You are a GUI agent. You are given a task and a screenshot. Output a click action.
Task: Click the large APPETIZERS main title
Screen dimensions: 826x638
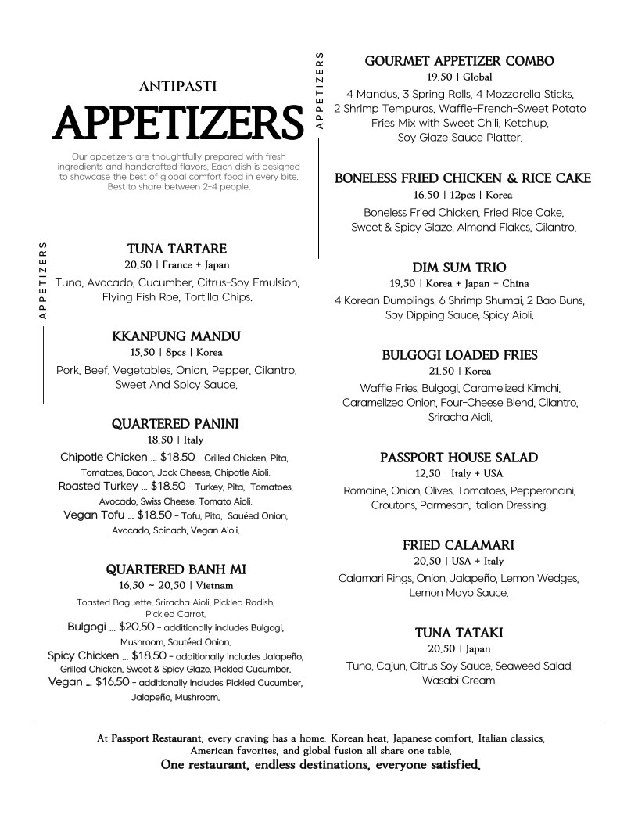coord(177,123)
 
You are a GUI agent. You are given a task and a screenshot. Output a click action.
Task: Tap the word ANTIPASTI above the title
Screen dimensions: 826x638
coord(177,86)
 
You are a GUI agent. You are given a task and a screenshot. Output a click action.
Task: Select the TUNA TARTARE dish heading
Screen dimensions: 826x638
coord(177,249)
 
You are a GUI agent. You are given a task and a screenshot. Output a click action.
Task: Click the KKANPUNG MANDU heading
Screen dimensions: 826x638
coord(177,336)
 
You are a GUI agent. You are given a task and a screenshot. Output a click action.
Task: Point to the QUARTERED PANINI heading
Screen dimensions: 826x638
coord(175,424)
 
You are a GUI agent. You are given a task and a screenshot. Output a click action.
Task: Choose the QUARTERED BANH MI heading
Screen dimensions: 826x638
coord(176,569)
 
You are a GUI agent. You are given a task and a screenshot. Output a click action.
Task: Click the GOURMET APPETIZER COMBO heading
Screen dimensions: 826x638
coord(460,61)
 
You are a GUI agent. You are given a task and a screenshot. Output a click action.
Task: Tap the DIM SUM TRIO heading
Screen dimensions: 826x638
coord(459,268)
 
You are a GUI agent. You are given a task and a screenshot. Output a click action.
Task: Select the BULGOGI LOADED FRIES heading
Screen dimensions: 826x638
coord(460,355)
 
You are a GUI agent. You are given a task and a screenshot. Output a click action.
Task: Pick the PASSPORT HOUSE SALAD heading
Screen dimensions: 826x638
coord(459,458)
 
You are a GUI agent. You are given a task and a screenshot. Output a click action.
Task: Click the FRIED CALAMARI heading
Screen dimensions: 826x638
coord(459,545)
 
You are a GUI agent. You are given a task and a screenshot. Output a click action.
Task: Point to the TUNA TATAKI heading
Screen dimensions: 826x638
coord(459,633)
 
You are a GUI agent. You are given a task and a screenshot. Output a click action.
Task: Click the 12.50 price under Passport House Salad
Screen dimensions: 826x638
coord(427,474)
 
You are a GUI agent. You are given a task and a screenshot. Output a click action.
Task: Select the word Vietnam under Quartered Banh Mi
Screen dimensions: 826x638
coord(214,585)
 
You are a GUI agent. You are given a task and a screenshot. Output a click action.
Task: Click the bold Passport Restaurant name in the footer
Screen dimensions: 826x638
coord(156,738)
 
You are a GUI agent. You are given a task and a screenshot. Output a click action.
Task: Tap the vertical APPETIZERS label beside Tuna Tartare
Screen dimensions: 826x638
coord(43,280)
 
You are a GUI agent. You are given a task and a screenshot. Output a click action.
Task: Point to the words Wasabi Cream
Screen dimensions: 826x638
coord(459,681)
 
